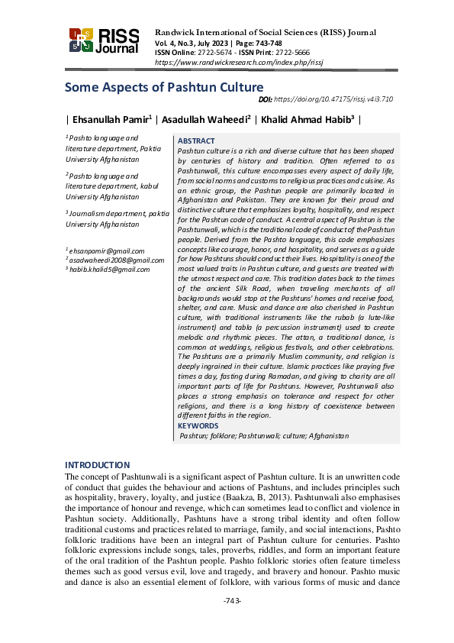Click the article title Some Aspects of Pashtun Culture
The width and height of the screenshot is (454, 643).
click(164, 87)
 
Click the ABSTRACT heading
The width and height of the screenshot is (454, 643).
click(196, 141)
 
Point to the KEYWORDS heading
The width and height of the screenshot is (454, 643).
click(198, 425)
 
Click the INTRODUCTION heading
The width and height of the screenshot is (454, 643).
click(97, 465)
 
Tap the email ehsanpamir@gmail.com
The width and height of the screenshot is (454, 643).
click(106, 250)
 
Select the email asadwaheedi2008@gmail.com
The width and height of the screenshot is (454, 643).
click(112, 260)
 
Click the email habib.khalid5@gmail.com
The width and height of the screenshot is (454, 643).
click(108, 269)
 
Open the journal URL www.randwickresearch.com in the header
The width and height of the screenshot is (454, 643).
click(223, 61)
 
